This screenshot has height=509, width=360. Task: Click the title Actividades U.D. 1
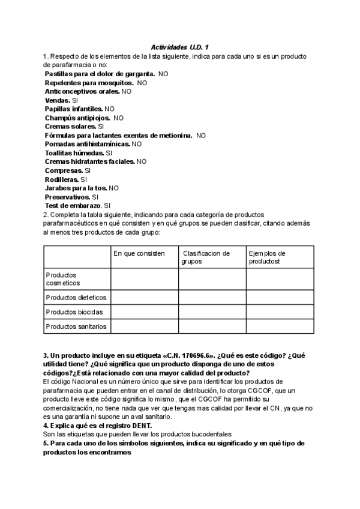point(178,47)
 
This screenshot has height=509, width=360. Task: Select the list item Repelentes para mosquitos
point(89,83)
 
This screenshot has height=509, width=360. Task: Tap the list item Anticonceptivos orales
point(82,92)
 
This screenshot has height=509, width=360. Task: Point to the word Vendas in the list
point(57,100)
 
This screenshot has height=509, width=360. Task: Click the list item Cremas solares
point(70,127)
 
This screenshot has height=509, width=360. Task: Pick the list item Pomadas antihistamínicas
point(87,144)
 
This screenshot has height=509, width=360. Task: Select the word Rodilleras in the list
point(62,179)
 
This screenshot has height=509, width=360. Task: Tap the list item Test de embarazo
point(73,206)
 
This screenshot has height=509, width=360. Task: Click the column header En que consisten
point(139,253)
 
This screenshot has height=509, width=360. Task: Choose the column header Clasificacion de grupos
point(206,257)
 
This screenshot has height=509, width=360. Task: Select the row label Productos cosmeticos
point(63,279)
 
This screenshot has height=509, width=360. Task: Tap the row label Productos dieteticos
point(76,297)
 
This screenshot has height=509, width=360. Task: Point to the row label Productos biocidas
point(74,312)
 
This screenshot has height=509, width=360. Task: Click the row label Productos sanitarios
point(76,327)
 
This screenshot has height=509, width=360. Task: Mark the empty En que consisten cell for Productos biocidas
point(144,312)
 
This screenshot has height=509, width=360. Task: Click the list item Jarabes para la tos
point(76,188)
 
